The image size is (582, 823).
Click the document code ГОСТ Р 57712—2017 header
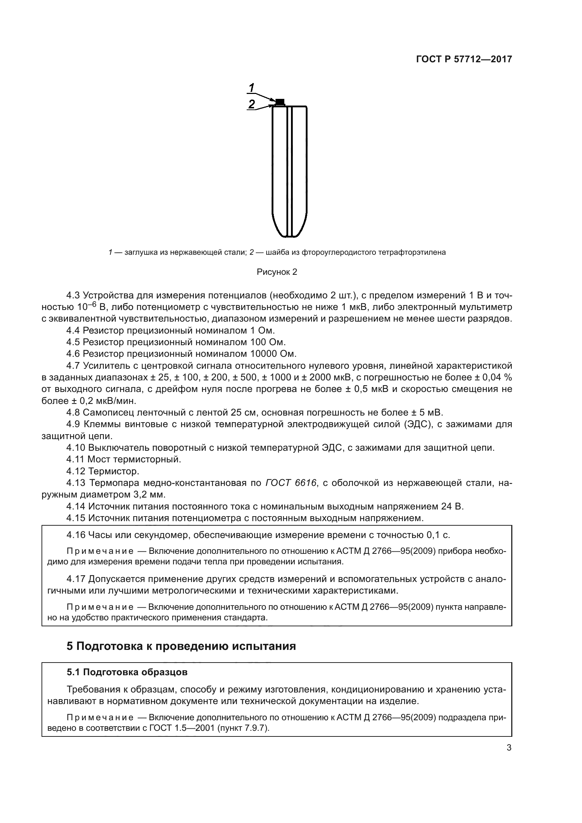click(464, 59)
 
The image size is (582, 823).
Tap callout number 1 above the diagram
click(252, 88)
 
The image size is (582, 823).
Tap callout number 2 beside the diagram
click(252, 104)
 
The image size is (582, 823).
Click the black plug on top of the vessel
click(280, 101)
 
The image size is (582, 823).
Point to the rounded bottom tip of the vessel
click(290, 235)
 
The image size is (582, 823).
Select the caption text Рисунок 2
click(277, 272)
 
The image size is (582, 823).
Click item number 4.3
click(74, 295)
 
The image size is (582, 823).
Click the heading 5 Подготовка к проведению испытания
click(181, 646)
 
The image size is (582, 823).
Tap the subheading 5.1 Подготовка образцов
click(127, 672)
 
